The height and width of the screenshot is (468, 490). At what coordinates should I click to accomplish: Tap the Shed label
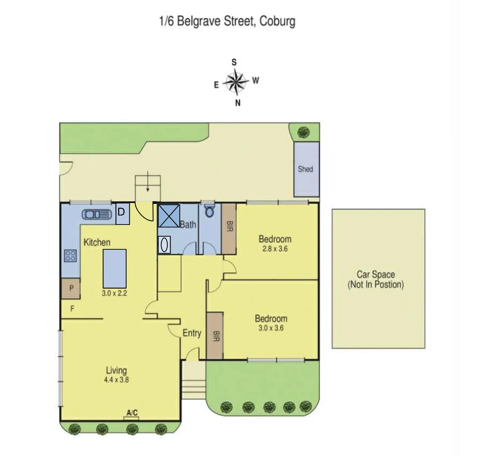[x=305, y=169]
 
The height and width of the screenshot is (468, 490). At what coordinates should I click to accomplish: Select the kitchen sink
[x=96, y=214]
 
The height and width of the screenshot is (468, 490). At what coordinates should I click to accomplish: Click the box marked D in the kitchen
[x=123, y=214]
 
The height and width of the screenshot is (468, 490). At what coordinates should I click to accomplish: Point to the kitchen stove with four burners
[x=70, y=256]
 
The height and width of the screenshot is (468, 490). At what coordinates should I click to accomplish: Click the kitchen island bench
[x=114, y=269]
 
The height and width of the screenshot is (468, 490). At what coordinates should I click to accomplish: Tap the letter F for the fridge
[x=72, y=309]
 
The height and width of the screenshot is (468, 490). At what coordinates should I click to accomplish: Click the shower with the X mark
[x=168, y=215]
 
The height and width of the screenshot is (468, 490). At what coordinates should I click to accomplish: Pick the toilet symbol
[x=209, y=211]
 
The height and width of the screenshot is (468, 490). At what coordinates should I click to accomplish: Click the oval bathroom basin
[x=164, y=245]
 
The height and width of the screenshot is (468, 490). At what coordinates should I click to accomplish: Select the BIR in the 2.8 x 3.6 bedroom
[x=229, y=228]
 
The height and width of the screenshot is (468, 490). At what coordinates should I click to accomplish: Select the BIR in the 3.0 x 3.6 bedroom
[x=215, y=335]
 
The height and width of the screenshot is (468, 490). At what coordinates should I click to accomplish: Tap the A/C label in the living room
[x=132, y=413]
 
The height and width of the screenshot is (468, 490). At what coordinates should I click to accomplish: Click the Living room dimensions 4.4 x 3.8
[x=116, y=380]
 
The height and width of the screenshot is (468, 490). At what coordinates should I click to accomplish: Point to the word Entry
[x=191, y=333]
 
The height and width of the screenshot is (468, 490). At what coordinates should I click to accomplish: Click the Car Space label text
[x=375, y=279]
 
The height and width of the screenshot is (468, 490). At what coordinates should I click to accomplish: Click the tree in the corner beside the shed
[x=304, y=132]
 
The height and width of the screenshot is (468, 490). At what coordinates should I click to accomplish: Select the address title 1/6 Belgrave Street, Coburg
[x=227, y=21]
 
